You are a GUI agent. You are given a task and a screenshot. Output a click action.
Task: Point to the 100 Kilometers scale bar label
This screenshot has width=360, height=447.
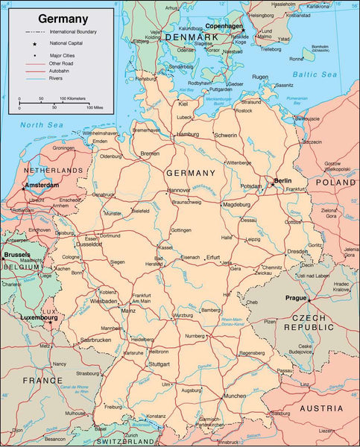(x=74, y=98)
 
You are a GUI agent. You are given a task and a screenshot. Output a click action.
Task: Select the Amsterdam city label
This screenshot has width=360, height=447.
(x=41, y=185)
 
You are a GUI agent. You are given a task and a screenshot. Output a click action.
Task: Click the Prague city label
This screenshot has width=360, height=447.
(x=296, y=298)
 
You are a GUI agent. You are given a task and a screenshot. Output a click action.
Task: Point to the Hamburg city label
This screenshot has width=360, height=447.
(x=186, y=135)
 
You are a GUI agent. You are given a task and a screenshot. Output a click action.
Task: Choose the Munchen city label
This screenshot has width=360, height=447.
(x=235, y=396)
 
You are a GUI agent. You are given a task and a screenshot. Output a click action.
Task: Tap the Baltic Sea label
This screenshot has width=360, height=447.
(x=315, y=74)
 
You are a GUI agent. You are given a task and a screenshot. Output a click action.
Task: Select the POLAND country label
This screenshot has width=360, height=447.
(x=335, y=182)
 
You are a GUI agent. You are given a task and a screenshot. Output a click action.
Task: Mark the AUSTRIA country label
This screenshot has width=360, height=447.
(x=321, y=408)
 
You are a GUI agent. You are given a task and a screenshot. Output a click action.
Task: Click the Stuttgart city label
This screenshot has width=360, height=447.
(x=159, y=365)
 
